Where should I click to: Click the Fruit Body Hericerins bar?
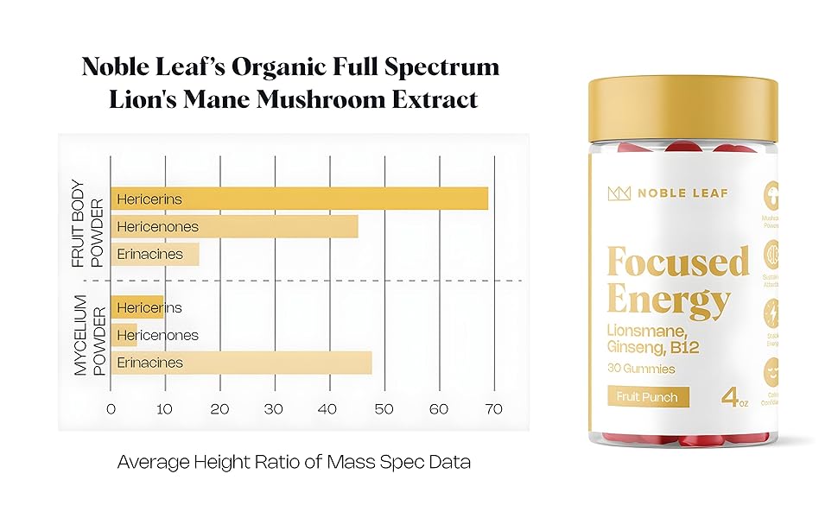click(299, 199)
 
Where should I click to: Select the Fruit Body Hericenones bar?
click(234, 227)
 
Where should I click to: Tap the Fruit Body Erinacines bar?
click(155, 255)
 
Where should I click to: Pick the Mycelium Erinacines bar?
click(241, 363)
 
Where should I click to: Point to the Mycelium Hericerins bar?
click(136, 307)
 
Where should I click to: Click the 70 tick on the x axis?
click(493, 408)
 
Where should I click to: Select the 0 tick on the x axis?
click(111, 408)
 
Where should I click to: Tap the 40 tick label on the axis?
click(328, 408)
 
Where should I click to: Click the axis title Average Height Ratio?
click(294, 462)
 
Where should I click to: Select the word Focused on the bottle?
click(678, 261)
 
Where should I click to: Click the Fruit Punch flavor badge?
click(648, 398)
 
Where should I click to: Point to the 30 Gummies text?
click(641, 369)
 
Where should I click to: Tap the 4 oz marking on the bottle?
click(733, 399)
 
